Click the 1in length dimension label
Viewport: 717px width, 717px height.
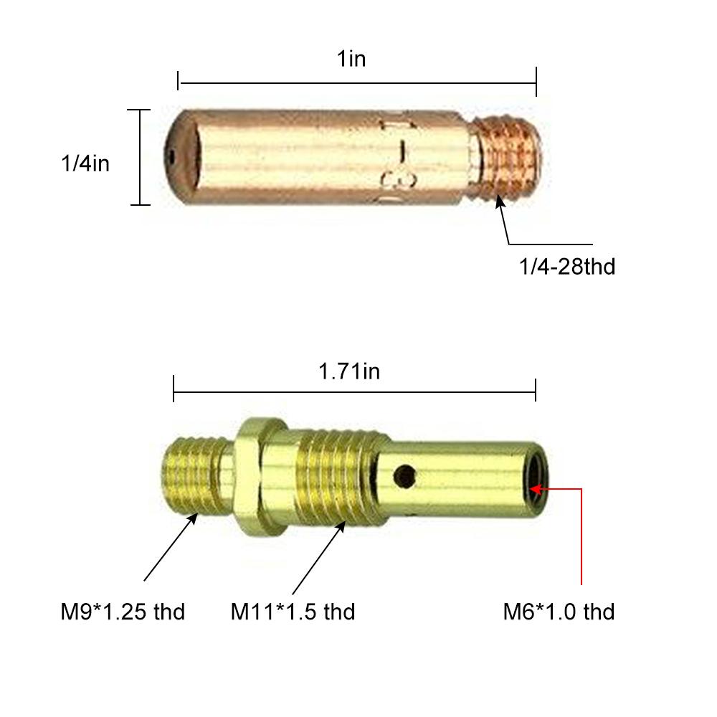pyautogui.click(x=351, y=59)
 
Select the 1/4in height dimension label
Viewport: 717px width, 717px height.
pyautogui.click(x=85, y=163)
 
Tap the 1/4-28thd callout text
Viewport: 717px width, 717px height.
pyautogui.click(x=567, y=267)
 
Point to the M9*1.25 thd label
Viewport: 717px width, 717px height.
pyautogui.click(x=123, y=612)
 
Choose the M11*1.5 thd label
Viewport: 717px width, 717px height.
pyautogui.click(x=293, y=612)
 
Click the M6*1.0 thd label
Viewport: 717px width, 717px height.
pyautogui.click(x=559, y=612)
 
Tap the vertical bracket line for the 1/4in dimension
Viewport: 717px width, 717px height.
pyautogui.click(x=140, y=157)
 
